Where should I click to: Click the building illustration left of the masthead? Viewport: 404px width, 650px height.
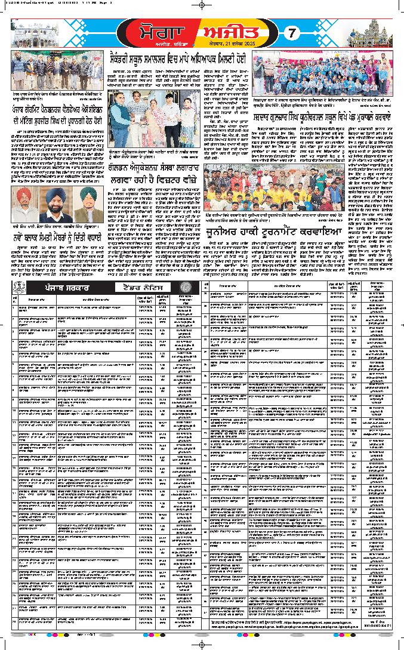coord(57,33)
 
